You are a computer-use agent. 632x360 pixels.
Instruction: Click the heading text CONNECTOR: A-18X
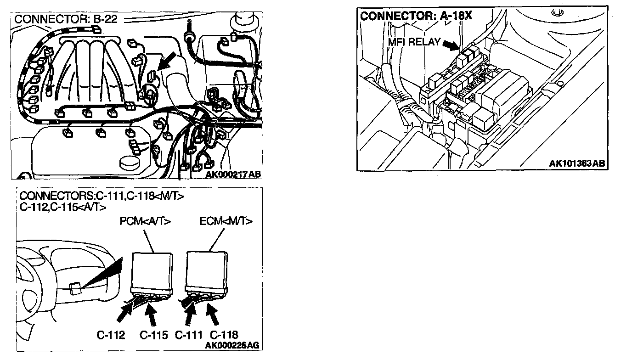pos(416,16)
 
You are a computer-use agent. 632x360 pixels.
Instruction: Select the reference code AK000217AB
pos(233,174)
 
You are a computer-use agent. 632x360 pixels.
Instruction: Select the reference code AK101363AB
pos(577,163)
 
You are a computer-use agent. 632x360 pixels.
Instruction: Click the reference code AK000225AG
pos(233,346)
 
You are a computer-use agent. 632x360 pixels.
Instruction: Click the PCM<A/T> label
pos(145,221)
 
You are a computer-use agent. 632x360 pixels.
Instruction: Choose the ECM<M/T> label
pos(226,221)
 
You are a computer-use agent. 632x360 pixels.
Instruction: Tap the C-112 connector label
pos(111,335)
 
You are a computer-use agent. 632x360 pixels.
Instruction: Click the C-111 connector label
pos(189,335)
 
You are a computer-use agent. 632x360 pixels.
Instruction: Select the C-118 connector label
pos(223,335)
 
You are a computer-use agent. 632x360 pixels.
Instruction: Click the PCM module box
pos(152,272)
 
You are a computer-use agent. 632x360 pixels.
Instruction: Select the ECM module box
pos(207,272)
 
